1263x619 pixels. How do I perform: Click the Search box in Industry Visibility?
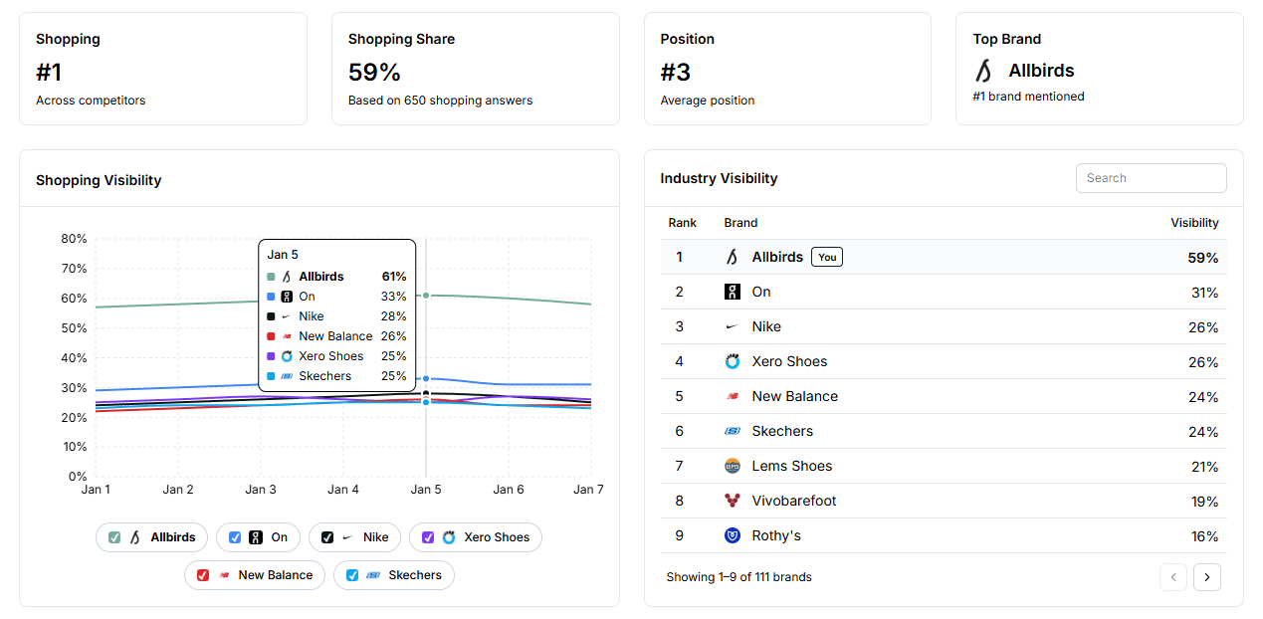1151,178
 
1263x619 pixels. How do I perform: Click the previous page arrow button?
1173,577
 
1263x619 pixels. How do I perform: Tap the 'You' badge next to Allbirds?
826,257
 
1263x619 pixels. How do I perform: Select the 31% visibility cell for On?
1204,293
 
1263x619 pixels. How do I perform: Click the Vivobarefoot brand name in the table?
793,501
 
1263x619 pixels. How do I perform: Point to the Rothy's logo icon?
733,535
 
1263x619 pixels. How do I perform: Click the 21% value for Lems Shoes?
1204,467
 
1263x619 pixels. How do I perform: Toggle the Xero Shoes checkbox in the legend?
428,537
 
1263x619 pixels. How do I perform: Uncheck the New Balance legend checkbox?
203,575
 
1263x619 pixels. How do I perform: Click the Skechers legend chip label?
414,575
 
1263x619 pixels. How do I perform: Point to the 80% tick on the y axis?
74,239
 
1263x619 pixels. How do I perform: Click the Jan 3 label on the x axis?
261,490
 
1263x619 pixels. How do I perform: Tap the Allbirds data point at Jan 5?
426,295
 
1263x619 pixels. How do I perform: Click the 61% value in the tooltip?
393,277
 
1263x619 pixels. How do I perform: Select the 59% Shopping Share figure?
374,72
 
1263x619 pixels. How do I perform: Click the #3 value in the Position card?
675,72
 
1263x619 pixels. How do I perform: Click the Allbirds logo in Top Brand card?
983,71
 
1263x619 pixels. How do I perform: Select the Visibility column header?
1194,223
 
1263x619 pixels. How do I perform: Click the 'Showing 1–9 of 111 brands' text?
738,577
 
